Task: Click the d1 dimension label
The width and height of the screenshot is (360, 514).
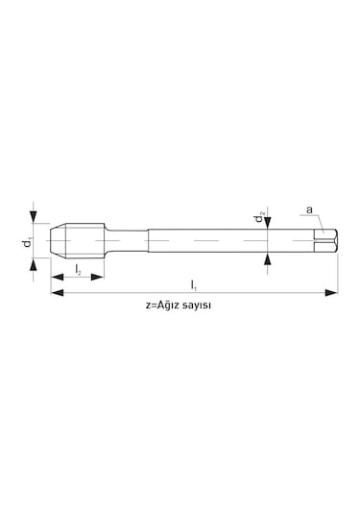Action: tap(28, 241)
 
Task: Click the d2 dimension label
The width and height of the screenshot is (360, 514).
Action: tap(260, 217)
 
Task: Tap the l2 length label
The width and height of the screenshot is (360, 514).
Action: tap(78, 270)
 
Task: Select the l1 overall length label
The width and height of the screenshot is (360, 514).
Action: tap(194, 285)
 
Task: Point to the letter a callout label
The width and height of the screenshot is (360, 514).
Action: tap(309, 209)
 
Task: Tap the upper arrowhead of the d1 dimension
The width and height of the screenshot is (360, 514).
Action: tap(33, 217)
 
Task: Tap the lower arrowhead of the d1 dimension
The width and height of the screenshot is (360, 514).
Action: tap(33, 265)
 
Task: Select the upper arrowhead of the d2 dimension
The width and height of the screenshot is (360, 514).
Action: tap(268, 223)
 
